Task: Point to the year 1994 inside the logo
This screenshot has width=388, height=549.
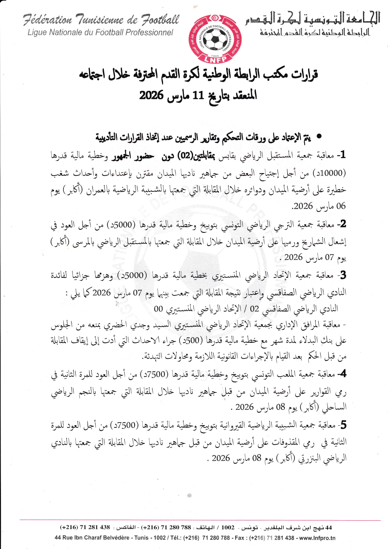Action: point(215,55)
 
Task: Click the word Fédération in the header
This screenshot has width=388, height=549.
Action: point(47,20)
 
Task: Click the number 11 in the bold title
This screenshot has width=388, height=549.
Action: point(198,95)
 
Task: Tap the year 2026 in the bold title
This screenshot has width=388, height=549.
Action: point(151,95)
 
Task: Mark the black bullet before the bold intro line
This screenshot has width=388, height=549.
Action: point(319,136)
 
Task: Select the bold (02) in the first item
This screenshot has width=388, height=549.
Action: point(185,155)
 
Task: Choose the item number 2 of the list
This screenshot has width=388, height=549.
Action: point(343,223)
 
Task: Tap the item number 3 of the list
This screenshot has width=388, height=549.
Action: point(343,275)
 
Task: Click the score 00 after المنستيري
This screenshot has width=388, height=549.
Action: point(158,309)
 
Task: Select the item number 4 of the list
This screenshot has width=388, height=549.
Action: point(343,373)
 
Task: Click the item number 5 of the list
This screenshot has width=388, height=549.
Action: point(343,425)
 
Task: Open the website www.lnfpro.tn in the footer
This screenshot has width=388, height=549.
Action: point(317,538)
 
